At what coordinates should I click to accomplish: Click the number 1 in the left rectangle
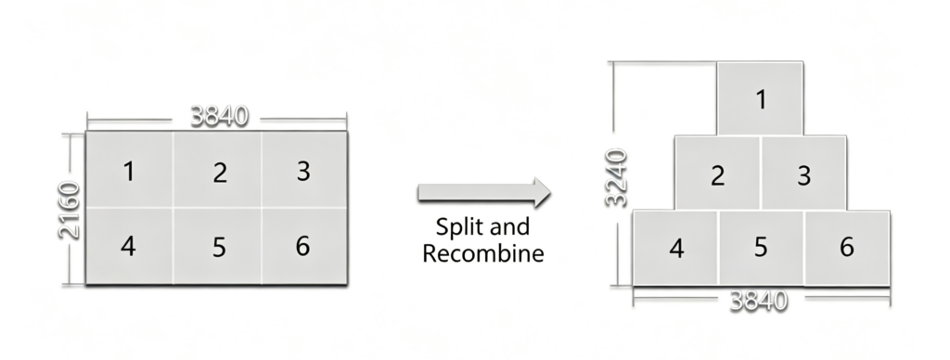click(x=128, y=172)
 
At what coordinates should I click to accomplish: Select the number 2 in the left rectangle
click(x=220, y=173)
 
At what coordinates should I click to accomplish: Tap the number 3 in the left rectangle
click(x=303, y=172)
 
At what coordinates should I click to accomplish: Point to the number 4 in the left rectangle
click(x=128, y=246)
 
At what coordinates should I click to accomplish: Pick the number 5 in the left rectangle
click(x=219, y=248)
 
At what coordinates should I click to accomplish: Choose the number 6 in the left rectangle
click(x=303, y=246)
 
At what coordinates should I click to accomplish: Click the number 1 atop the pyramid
click(x=761, y=99)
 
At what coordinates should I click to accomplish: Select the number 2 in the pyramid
click(x=718, y=175)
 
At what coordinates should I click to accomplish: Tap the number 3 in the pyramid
click(x=804, y=175)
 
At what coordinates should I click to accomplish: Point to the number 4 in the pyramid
click(x=676, y=248)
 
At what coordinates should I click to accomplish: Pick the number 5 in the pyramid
click(x=761, y=248)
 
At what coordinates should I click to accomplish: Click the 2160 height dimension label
click(x=69, y=210)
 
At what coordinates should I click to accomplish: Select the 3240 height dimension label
click(x=616, y=178)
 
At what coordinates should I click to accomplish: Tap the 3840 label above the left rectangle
click(x=219, y=116)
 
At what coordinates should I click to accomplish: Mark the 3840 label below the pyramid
click(x=759, y=301)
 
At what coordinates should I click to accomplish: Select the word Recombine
click(x=482, y=252)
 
